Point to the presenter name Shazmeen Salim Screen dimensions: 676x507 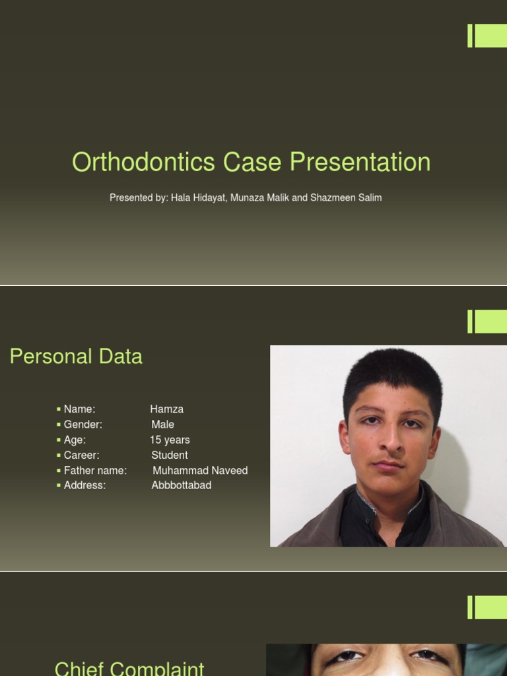[x=346, y=198]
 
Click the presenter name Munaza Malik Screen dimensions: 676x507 [x=259, y=198]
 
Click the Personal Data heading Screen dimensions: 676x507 [x=76, y=356]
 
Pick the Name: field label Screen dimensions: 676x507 [x=79, y=409]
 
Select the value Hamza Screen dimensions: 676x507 [x=166, y=409]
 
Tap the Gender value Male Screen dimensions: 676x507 [x=162, y=424]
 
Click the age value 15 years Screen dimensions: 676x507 [x=170, y=440]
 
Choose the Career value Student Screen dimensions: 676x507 [x=170, y=455]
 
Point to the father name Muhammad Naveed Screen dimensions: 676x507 [x=200, y=471]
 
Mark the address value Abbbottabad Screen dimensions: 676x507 [x=182, y=485]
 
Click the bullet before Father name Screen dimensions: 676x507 [x=59, y=471]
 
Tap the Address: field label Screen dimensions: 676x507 [x=84, y=485]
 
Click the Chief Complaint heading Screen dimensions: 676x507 [x=129, y=668]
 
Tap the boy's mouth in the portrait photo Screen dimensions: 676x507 [x=389, y=465]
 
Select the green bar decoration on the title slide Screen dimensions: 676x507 [x=487, y=36]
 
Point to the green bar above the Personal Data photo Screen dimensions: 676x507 [x=487, y=321]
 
